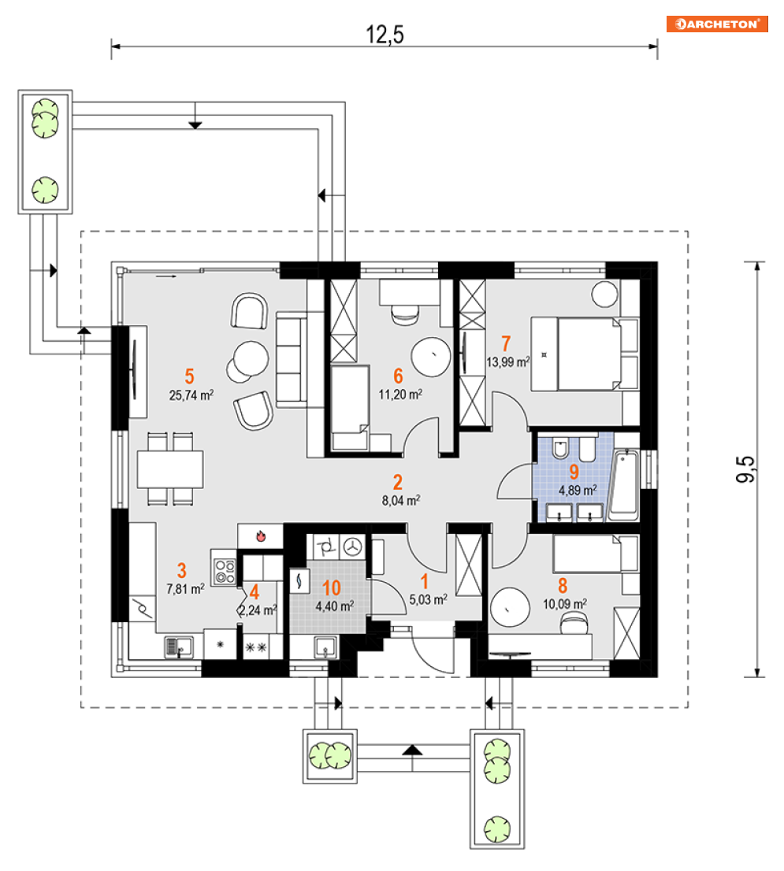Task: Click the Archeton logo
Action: (x=717, y=24)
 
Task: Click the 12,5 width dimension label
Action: (x=385, y=35)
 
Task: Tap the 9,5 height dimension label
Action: (x=745, y=469)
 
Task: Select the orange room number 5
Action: (x=189, y=376)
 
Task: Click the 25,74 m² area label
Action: (x=191, y=395)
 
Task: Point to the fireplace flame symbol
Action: (x=261, y=536)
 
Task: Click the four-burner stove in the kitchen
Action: (x=225, y=572)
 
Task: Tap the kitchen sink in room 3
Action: (x=179, y=647)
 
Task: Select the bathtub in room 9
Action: (x=625, y=484)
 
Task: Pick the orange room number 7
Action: (x=506, y=343)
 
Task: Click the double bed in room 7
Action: (x=585, y=354)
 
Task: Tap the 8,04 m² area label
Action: (x=400, y=500)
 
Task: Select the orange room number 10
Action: (x=332, y=587)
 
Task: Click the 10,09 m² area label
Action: (x=564, y=604)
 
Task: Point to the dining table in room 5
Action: (x=170, y=469)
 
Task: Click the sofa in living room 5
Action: (x=292, y=359)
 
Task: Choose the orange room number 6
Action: (x=398, y=376)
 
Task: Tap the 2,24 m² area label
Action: (x=258, y=610)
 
